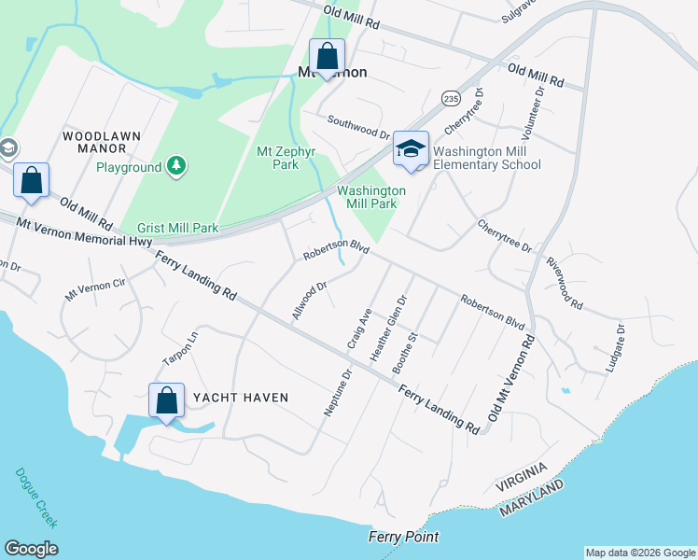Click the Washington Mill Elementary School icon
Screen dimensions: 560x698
[411, 149]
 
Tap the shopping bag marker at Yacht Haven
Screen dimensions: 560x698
[166, 401]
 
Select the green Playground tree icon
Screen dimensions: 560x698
[175, 166]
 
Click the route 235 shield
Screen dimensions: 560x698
[452, 98]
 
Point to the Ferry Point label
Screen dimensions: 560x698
[403, 537]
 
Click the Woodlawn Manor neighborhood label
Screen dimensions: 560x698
[102, 142]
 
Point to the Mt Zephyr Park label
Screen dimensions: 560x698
[277, 157]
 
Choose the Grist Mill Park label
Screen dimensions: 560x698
[177, 228]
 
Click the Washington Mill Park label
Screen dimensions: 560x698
[371, 197]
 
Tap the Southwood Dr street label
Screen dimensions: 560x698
[358, 127]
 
